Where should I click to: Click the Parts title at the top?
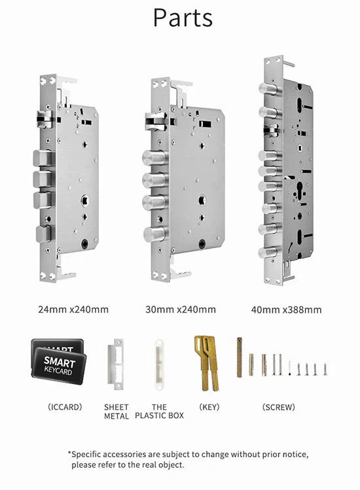coord(183,18)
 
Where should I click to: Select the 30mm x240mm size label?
coord(181,308)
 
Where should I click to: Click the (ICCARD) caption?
coord(64,407)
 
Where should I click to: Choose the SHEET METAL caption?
coord(117,411)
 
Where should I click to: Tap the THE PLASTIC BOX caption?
coord(159,411)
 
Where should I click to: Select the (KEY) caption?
coord(209,407)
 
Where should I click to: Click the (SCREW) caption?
coord(279,407)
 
